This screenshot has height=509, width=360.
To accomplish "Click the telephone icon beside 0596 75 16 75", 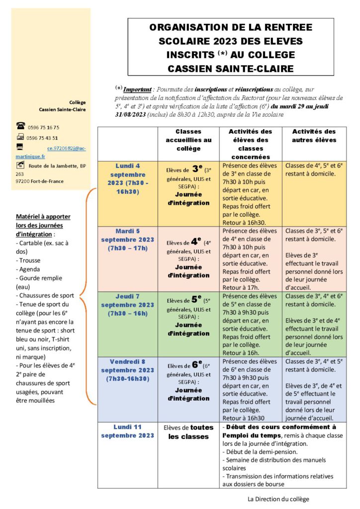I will [x=20, y=126].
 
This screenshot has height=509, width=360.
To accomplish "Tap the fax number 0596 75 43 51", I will [x=42, y=138].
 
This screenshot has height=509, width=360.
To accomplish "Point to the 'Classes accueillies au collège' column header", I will [x=188, y=140].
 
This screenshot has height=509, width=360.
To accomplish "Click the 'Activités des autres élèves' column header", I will [x=314, y=136].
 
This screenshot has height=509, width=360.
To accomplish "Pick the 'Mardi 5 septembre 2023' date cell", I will [x=128, y=240].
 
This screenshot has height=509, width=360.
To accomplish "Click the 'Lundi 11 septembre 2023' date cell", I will [x=128, y=431].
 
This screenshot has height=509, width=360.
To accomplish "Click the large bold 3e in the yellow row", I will [x=197, y=169].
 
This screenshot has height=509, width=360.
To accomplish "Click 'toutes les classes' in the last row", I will [x=188, y=432].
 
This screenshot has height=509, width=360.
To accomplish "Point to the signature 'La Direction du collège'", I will [x=281, y=499].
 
